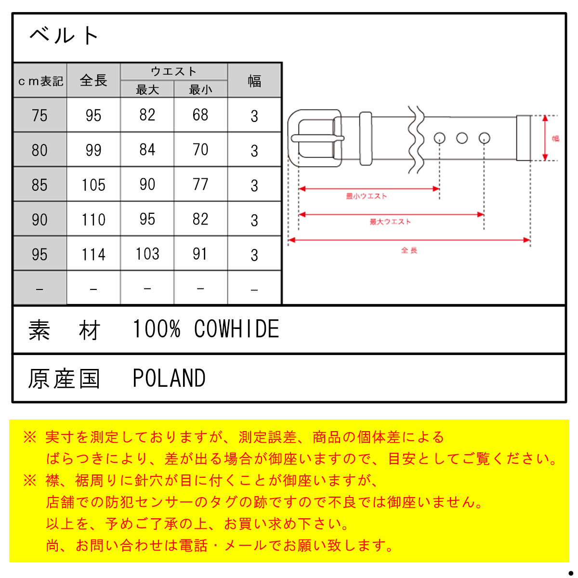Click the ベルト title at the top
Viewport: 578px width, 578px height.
point(64,35)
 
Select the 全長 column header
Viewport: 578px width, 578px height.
point(93,80)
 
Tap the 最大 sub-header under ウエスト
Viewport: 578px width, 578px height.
point(147,90)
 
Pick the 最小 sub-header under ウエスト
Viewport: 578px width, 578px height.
point(200,90)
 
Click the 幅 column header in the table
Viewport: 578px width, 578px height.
point(254,81)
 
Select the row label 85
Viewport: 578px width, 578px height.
point(39,185)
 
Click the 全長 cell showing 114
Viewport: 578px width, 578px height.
point(93,254)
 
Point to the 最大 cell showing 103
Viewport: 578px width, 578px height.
point(147,254)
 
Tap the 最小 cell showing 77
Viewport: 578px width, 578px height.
point(200,184)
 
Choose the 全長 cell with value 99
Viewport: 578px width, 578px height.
point(93,150)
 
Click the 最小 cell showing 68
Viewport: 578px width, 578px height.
point(200,115)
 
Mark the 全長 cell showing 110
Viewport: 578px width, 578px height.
point(93,220)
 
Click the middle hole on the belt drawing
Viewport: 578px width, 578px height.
point(461,138)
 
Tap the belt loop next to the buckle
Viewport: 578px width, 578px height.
point(366,138)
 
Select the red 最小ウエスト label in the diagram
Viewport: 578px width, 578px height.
point(366,196)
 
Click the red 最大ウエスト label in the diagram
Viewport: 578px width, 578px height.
point(390,222)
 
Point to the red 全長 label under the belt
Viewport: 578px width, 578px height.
point(409,250)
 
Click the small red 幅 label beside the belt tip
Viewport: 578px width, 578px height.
point(555,138)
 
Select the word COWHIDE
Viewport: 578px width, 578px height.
point(236,329)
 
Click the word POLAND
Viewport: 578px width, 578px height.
point(169,378)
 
